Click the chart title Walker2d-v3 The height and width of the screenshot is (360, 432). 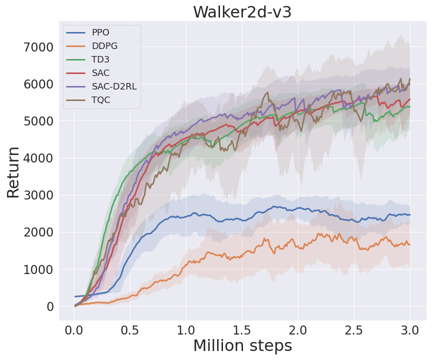tap(242, 12)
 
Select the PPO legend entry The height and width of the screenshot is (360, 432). tap(100, 32)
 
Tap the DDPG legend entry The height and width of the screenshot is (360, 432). tap(104, 46)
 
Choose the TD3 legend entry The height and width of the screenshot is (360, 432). tap(100, 59)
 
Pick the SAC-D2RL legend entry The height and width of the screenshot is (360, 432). tap(114, 86)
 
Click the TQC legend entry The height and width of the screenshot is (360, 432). tap(100, 100)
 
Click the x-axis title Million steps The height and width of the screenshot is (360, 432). tap(242, 345)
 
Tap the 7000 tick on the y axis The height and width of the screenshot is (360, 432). tap(38, 47)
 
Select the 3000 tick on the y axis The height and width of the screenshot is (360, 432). tap(38, 195)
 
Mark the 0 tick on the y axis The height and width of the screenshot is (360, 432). tap(49, 306)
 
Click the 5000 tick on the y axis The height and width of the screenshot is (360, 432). tap(38, 121)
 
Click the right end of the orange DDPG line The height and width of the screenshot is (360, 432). tap(410, 244)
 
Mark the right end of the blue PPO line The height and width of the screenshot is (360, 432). tap(410, 214)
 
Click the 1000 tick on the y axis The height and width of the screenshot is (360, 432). tap(38, 269)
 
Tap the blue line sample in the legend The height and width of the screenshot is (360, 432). tap(76, 32)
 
